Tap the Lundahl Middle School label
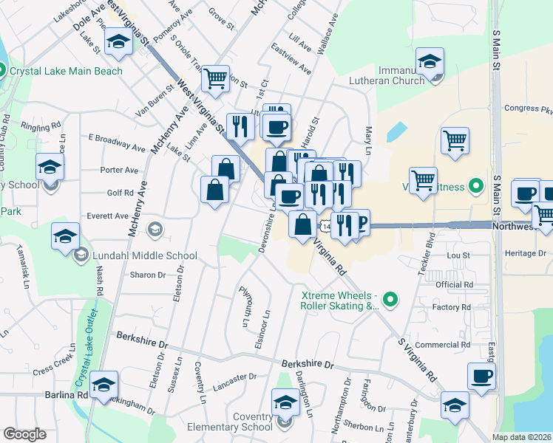click(145, 256)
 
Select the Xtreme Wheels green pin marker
click(391, 299)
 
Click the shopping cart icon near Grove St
click(214, 78)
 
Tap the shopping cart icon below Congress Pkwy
click(455, 140)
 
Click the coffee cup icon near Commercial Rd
click(481, 376)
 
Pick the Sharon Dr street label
click(147, 275)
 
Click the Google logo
click(24, 434)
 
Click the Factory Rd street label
click(453, 307)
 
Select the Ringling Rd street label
click(40, 127)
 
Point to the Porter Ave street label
click(119, 170)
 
